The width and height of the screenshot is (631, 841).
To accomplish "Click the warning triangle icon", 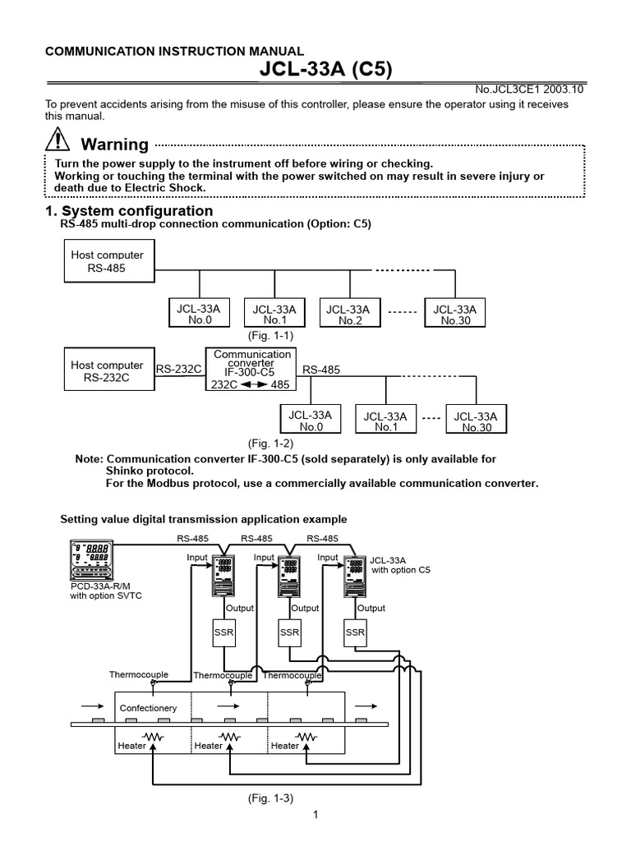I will coord(58,141).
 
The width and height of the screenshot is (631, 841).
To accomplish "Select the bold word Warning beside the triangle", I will coord(115,145).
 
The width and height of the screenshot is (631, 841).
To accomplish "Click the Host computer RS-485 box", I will coord(107,261).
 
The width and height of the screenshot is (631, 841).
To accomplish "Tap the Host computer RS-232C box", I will coord(107,371).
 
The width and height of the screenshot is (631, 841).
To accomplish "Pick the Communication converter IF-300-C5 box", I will coord(251,370).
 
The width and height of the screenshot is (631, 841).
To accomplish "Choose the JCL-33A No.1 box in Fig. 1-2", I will coord(385,421).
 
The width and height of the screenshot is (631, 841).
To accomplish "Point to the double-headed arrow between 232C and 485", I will coord(252,384).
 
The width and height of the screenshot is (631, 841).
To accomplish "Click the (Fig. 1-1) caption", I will coord(270,336).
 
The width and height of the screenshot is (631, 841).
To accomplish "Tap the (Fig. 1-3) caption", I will coord(270,797).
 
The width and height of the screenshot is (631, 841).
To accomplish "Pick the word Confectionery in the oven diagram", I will coord(148,707).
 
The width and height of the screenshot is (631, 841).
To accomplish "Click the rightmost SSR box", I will coord(355,632).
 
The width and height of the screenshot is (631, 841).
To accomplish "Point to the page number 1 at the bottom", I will coord(315,815).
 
